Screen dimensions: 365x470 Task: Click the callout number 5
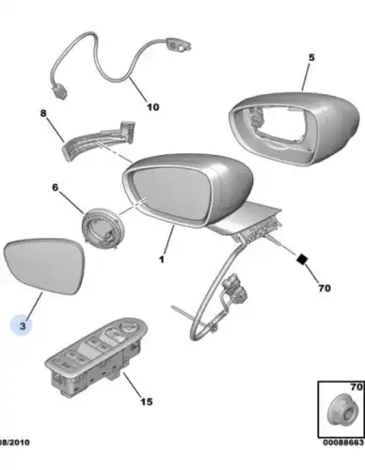point(310,57)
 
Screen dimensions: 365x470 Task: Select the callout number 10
point(153,107)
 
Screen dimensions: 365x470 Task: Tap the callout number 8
point(43,113)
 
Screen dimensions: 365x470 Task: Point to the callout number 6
point(56,187)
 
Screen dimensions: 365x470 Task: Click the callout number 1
point(162,259)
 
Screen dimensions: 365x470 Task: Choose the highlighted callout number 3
point(23,326)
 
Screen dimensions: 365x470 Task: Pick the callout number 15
point(147,401)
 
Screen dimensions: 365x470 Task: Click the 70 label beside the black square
point(325,288)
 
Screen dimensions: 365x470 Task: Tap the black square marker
point(302,258)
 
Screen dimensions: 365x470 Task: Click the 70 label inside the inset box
point(357,387)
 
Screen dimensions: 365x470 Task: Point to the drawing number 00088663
point(343,443)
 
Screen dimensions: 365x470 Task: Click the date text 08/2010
point(15,443)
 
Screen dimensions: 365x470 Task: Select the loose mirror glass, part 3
point(44,265)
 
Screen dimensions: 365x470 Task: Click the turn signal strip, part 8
point(100,142)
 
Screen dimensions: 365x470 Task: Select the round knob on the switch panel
point(128,329)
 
